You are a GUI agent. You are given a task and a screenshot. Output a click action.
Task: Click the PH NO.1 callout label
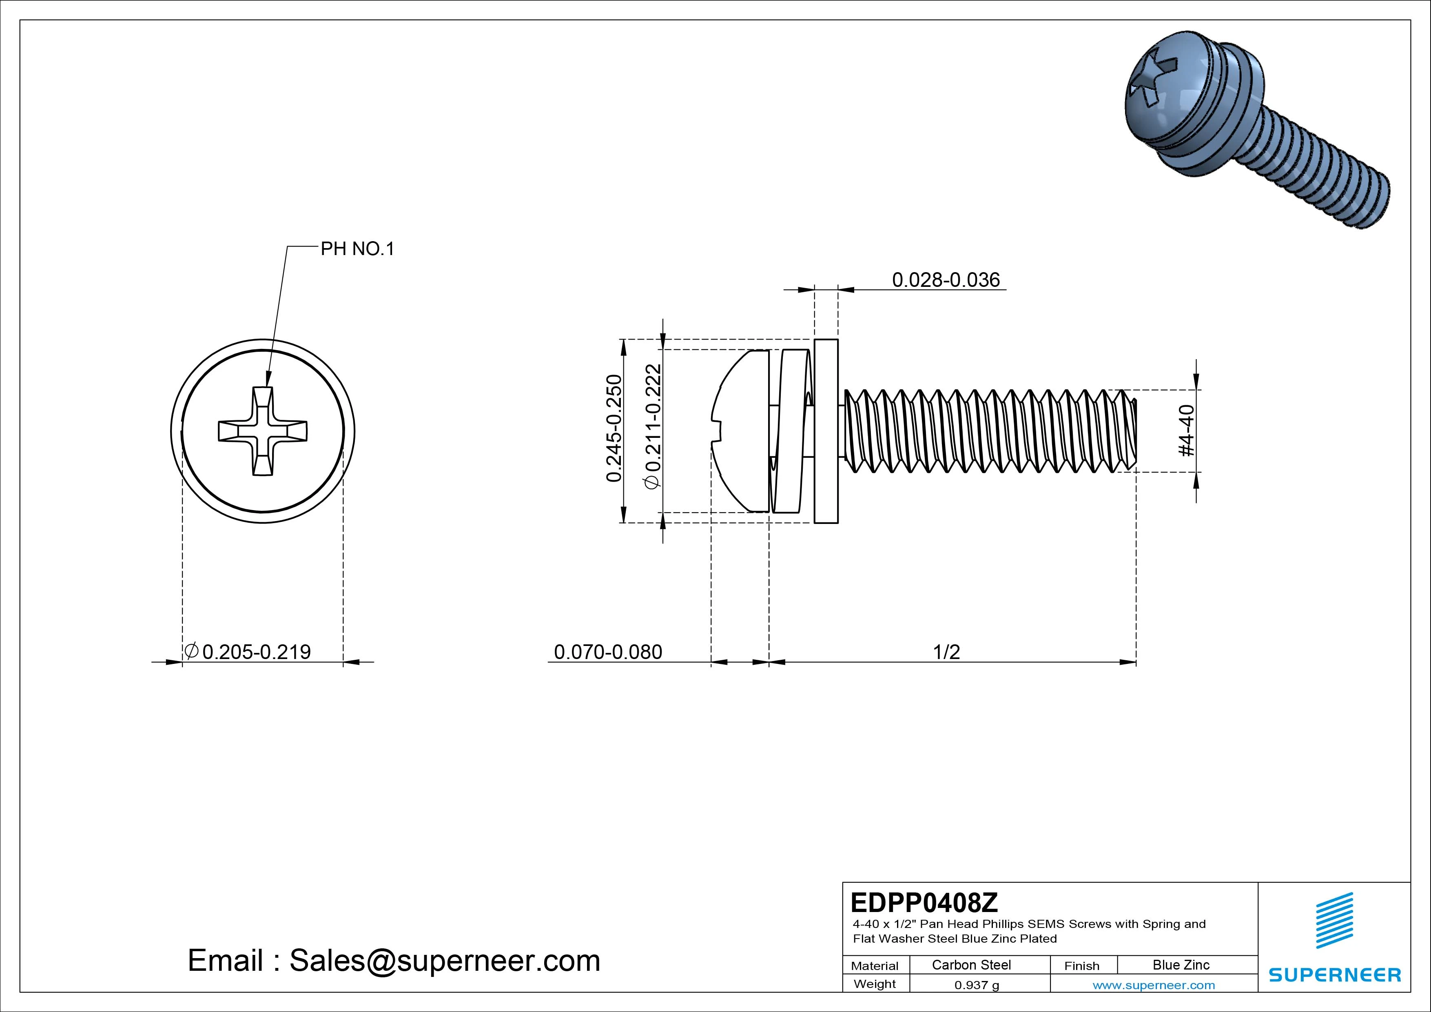[x=357, y=249]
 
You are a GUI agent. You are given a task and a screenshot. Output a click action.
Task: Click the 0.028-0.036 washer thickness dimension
[x=946, y=280]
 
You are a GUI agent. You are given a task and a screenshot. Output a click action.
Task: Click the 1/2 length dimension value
[x=946, y=652]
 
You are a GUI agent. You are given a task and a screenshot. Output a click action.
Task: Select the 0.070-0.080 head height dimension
[x=608, y=652]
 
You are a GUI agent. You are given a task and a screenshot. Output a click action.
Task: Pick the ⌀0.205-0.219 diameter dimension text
[x=248, y=652]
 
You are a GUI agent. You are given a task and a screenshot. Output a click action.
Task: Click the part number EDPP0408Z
[x=924, y=902]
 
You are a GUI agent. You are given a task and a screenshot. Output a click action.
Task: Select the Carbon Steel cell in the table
[x=971, y=965]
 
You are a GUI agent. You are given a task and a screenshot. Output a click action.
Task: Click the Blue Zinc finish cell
[x=1181, y=965]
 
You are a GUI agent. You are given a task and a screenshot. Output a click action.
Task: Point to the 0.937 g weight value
[x=977, y=985]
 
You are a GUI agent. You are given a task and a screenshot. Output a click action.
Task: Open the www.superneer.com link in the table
[x=1154, y=985]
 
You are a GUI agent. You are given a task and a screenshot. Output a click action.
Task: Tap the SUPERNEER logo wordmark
[x=1334, y=974]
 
